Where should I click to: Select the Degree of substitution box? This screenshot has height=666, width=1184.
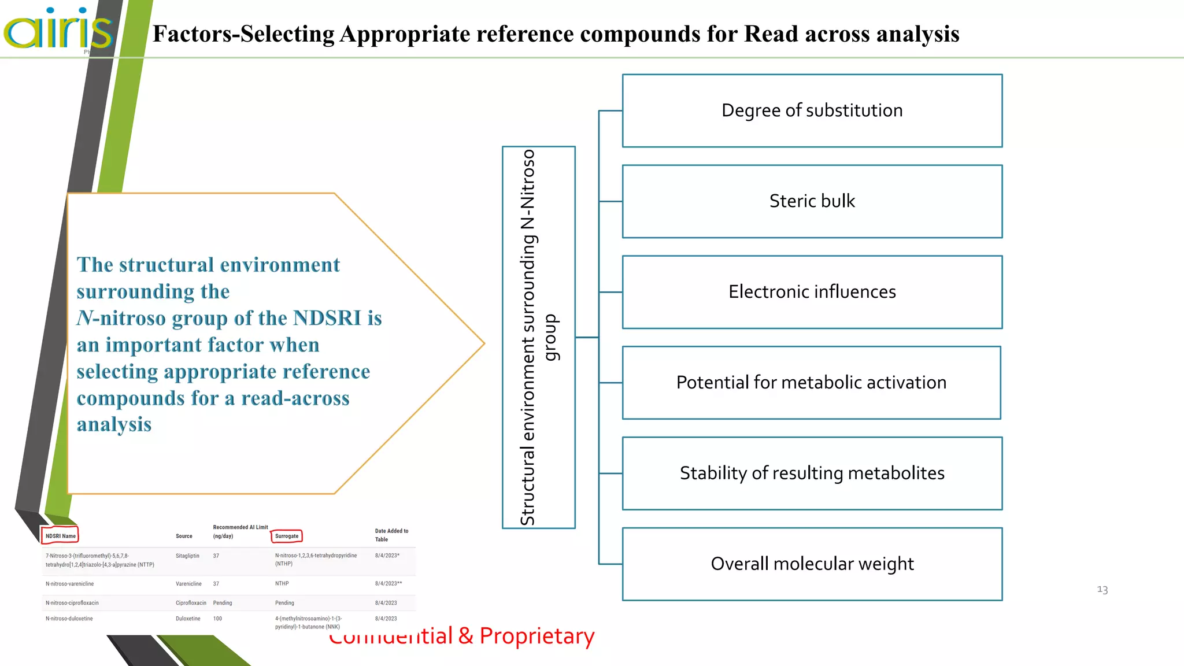tap(812, 110)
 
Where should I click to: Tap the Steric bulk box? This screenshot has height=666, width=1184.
tap(812, 201)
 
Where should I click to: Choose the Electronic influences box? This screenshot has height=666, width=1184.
tap(812, 292)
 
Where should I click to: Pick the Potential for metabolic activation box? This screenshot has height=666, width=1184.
tap(811, 383)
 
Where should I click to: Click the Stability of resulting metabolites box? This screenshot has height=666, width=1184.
tap(812, 473)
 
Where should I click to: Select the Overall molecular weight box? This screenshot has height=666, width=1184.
tap(812, 564)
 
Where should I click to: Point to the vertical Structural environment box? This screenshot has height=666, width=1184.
tap(538, 337)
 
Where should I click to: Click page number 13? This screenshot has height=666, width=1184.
tap(1102, 590)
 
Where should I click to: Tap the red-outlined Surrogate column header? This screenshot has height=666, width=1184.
tap(287, 536)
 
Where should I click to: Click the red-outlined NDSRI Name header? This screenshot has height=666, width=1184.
tap(60, 536)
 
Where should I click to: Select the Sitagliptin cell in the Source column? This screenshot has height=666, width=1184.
tap(187, 556)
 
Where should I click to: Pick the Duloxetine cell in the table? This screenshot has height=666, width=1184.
tap(188, 619)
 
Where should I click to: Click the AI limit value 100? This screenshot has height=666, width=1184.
tap(217, 619)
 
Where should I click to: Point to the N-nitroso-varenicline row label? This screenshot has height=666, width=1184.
tap(69, 584)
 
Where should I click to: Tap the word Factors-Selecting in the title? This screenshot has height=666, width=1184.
tap(243, 34)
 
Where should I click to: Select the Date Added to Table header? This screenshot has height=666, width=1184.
tap(391, 535)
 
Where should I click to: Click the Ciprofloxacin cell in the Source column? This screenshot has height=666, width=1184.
tap(191, 603)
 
